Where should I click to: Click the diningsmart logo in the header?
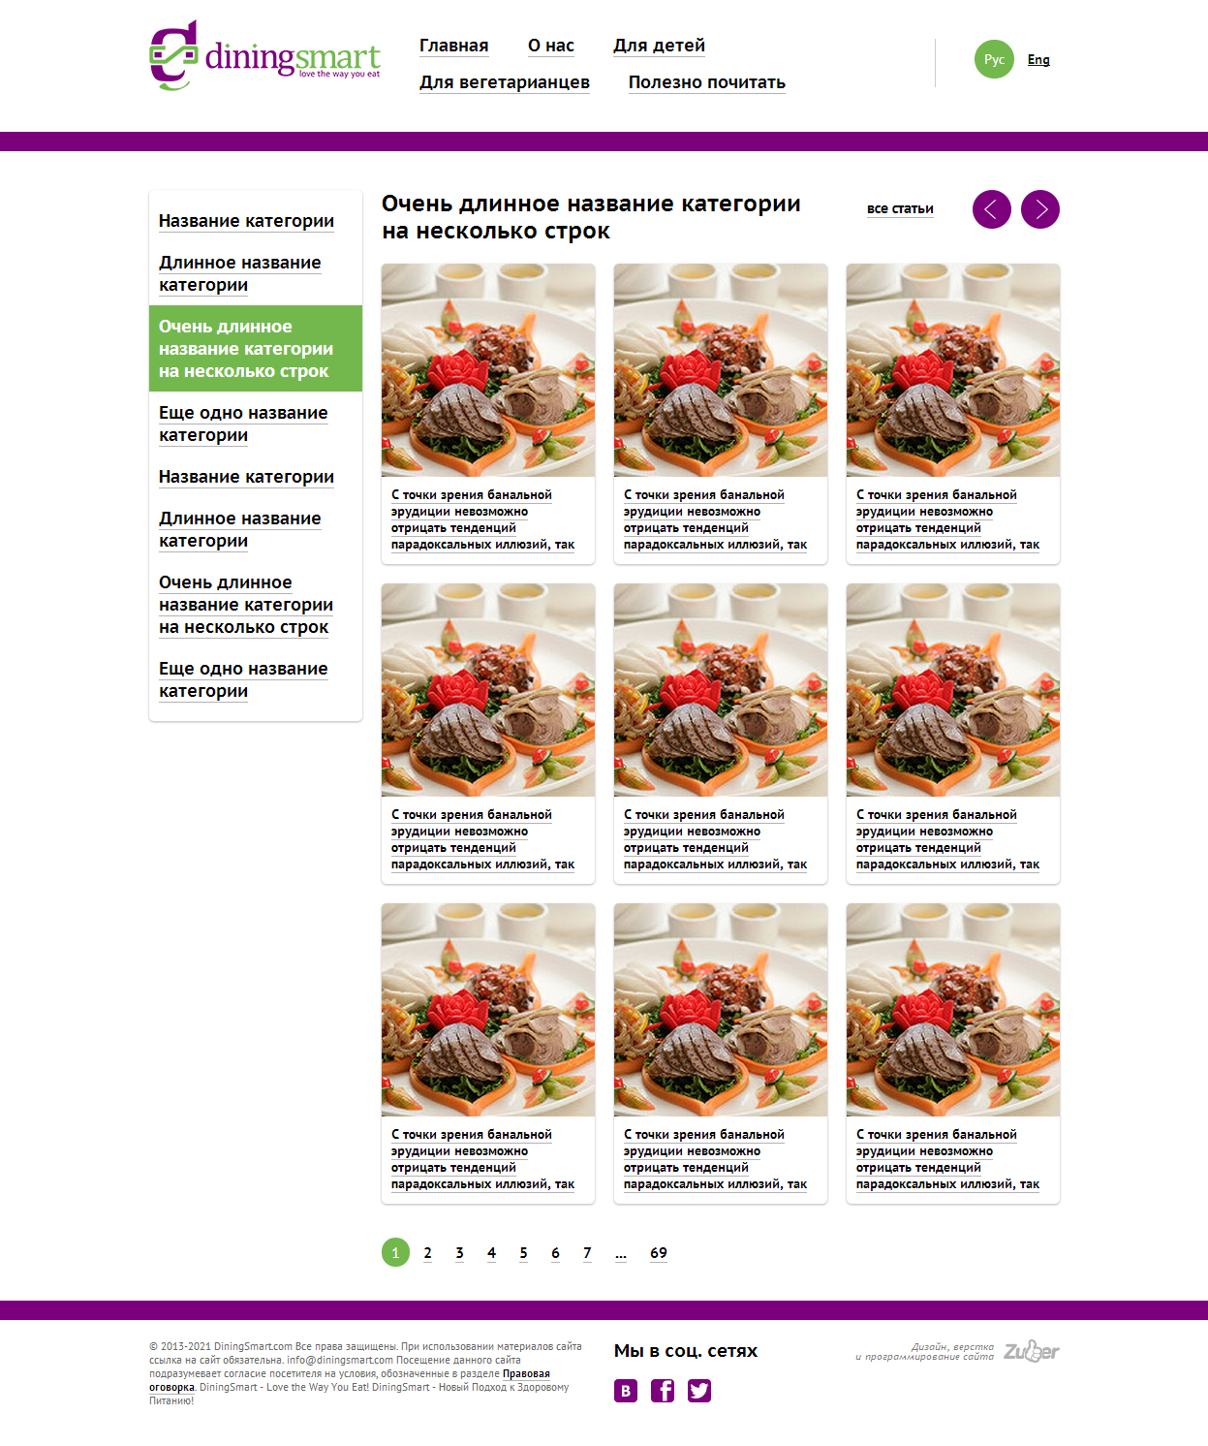coord(264,55)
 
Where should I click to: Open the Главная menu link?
coord(453,46)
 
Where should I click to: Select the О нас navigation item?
coord(551,46)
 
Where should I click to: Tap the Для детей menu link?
coord(659,46)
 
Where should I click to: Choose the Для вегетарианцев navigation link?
coord(505,82)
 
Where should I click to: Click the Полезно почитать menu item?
coord(707,82)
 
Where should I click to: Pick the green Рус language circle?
coord(994,59)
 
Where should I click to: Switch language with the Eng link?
coord(1038,59)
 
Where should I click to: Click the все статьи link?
coord(900,208)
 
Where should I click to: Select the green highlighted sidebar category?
coord(256,348)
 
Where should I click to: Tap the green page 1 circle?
coord(395,1252)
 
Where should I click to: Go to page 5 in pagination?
coord(523,1253)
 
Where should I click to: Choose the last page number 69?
coord(659,1253)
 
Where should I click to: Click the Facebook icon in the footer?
coord(663,1391)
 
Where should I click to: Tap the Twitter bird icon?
coord(699,1391)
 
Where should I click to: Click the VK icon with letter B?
coord(626,1391)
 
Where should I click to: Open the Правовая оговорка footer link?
coord(350,1380)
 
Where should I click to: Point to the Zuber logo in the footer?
coord(1032,1351)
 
